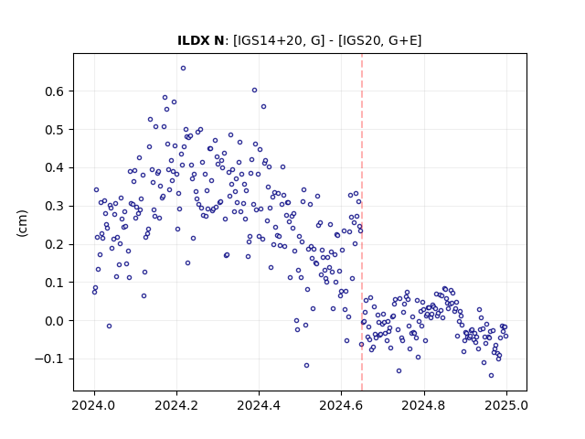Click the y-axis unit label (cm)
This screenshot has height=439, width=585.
[x=22, y=223]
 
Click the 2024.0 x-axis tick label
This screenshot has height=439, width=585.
[x=94, y=405]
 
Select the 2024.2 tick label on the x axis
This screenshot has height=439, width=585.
[x=176, y=405]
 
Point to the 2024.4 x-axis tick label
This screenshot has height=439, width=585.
[x=259, y=405]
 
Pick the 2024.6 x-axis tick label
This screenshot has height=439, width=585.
[x=341, y=405]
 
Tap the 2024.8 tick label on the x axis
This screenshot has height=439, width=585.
[x=424, y=405]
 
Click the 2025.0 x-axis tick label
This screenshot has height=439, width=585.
[x=506, y=405]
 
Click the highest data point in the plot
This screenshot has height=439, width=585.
[x=183, y=69]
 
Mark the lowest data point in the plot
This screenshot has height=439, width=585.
[x=491, y=376]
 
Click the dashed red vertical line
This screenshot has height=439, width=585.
[x=362, y=222]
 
